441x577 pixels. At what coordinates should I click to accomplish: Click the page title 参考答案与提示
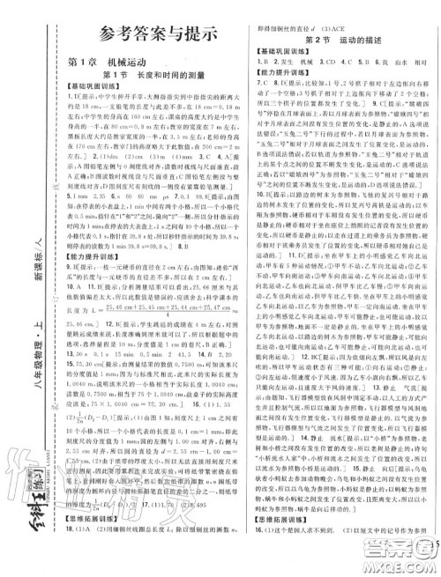pyautogui.click(x=151, y=33)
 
